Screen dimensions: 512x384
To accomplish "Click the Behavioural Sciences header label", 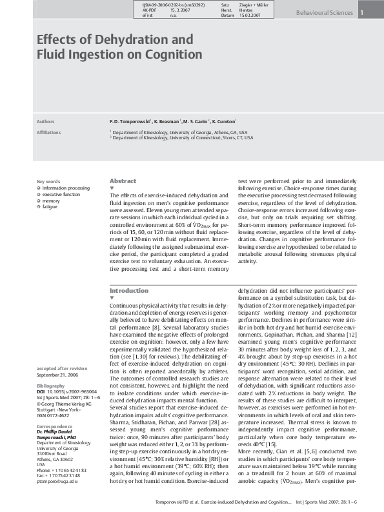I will pos(324,13).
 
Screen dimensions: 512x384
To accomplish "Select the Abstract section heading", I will pos(123,181).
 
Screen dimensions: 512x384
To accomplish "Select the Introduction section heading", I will pos(129,291).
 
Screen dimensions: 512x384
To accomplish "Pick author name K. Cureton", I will pos(222,121).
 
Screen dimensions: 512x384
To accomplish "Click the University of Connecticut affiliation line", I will pos(184,137).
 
